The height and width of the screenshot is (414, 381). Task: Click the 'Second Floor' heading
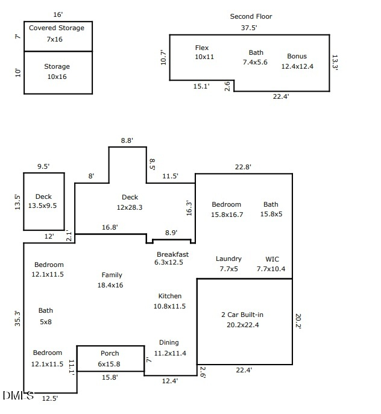point(251,16)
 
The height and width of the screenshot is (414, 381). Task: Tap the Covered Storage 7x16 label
point(57,34)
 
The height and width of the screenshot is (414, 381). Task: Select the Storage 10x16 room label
point(57,72)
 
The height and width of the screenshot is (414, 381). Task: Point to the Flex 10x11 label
point(203,52)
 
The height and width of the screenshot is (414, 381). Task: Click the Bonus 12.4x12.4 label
point(297,61)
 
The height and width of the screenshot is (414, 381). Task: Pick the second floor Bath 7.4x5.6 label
point(256,57)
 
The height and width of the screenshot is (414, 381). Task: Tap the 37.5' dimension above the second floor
point(249,27)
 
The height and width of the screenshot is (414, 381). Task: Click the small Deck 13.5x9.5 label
point(43,201)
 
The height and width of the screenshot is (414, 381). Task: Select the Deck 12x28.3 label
point(130,202)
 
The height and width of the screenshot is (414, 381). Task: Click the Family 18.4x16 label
point(112,280)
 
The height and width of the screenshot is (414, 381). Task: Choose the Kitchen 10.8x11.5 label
point(170,301)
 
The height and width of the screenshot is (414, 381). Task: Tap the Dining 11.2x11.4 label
point(170,348)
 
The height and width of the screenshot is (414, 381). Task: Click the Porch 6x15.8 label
point(110,359)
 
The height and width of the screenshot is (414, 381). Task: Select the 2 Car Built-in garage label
point(242,320)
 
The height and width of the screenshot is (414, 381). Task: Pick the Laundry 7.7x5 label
point(228,264)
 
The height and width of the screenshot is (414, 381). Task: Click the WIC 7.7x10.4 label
point(271,264)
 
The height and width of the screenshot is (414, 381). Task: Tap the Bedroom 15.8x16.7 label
point(227,210)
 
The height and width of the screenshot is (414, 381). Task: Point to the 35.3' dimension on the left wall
point(17,318)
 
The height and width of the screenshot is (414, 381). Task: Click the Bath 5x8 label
point(46,316)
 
